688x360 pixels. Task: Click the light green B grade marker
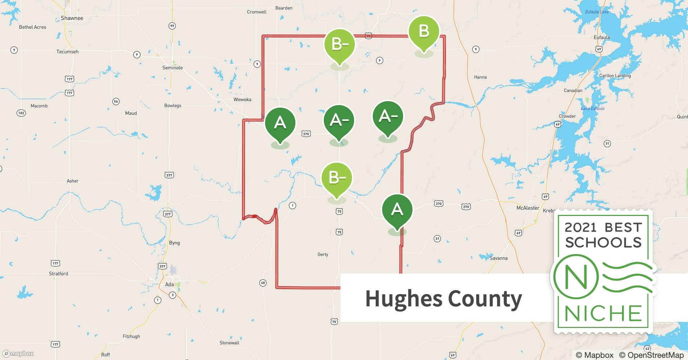coord(424,32)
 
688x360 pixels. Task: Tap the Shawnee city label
coord(72,18)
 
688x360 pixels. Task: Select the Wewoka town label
coord(242,99)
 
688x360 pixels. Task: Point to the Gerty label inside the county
coord(323,254)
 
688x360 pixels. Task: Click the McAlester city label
coord(528,208)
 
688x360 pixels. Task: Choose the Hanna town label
coord(480,77)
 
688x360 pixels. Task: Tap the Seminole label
coord(173,68)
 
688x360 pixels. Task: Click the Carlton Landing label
coord(615,76)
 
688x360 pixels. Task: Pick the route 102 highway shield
coord(21,113)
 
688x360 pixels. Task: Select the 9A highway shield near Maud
coord(116,102)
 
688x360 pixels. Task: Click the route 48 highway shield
coord(263,283)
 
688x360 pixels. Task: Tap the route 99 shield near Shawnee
coord(172,26)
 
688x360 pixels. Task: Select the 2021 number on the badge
coord(581,228)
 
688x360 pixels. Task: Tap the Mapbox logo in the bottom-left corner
coord(18,354)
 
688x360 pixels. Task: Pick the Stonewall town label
coord(229,343)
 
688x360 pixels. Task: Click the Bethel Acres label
coord(32,27)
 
